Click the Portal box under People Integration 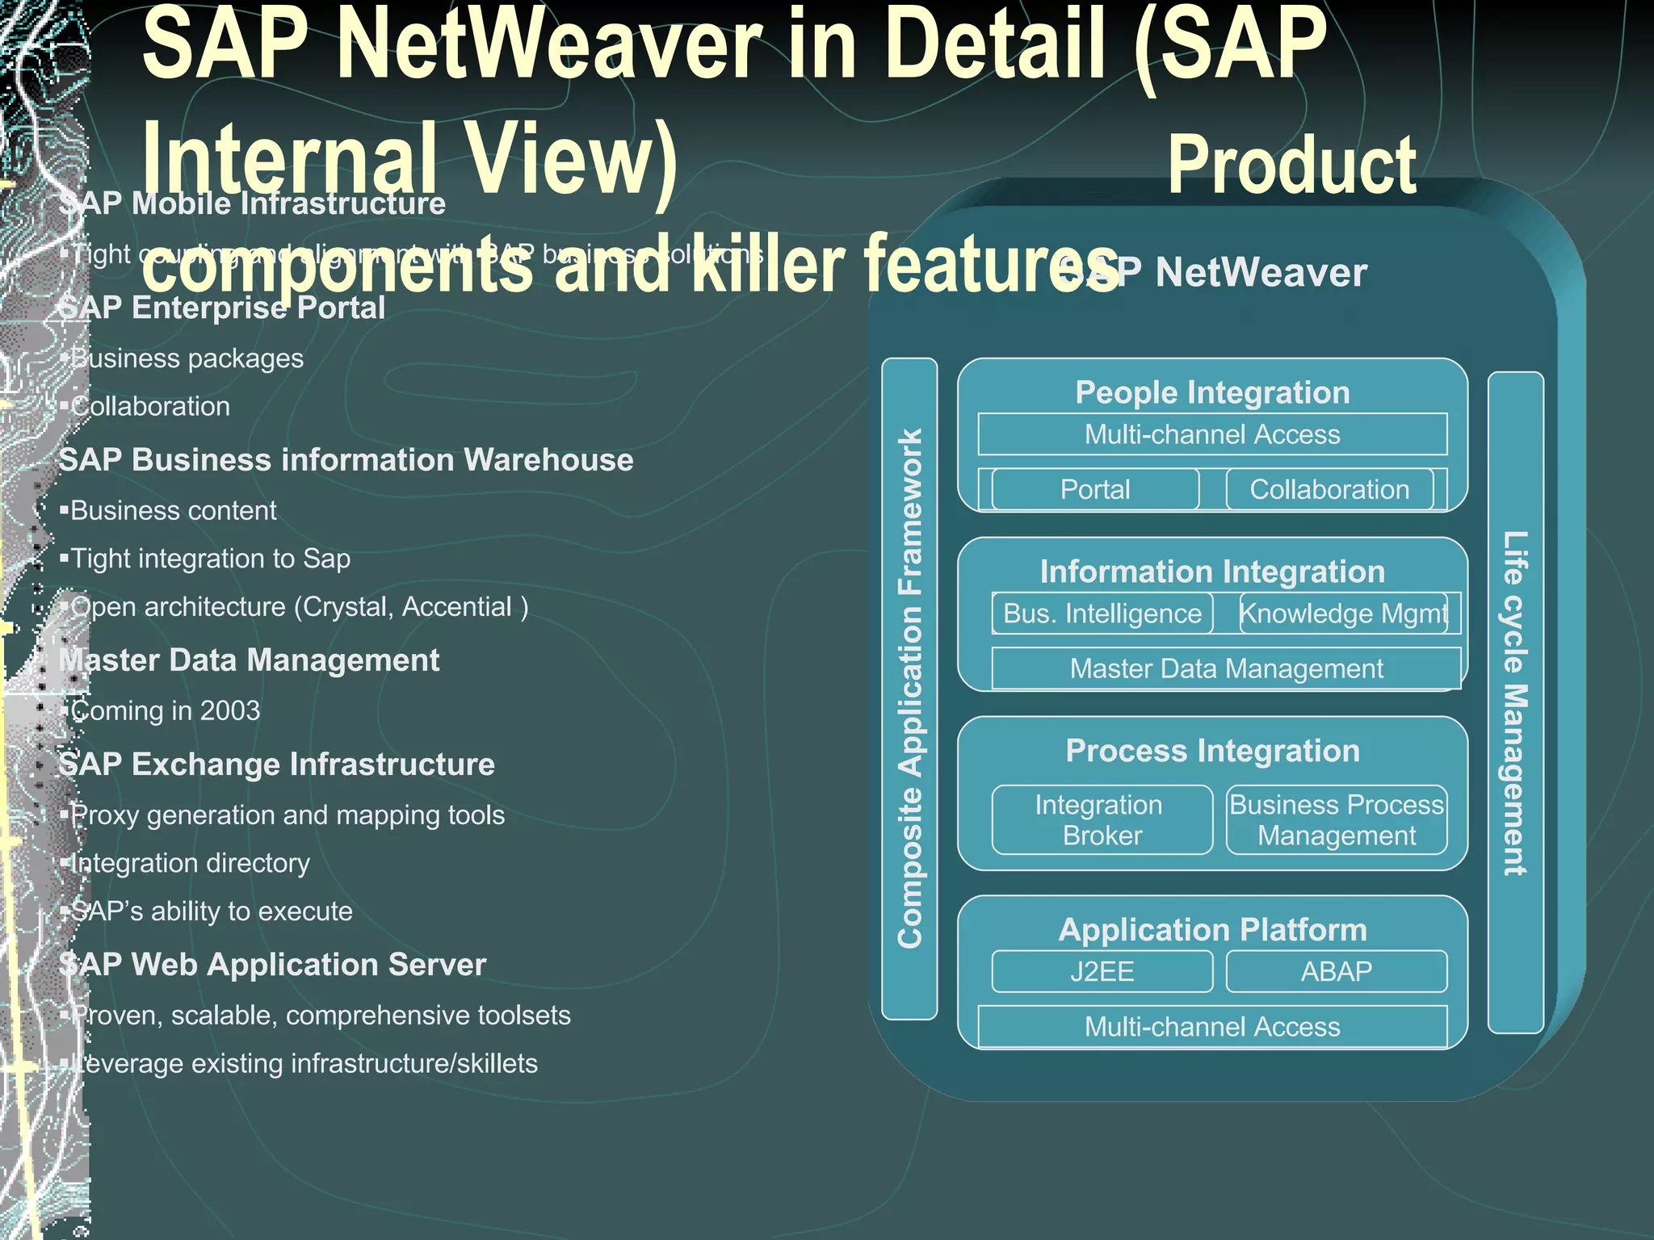click(x=1095, y=489)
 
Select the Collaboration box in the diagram click(x=1329, y=489)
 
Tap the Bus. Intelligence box click(x=1102, y=614)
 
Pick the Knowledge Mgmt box click(x=1344, y=614)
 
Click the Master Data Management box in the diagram click(x=1226, y=668)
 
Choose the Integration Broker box click(x=1102, y=819)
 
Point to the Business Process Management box click(x=1337, y=819)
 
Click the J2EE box click(x=1102, y=971)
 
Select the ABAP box click(x=1337, y=971)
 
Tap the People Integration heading click(x=1212, y=392)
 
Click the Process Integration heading click(x=1212, y=751)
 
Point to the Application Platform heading click(x=1212, y=930)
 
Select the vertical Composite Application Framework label click(x=910, y=688)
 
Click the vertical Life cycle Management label click(x=1515, y=702)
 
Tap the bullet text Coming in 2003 click(x=166, y=710)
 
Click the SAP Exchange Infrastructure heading click(x=276, y=764)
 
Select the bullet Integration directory click(x=190, y=863)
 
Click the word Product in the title click(x=1291, y=165)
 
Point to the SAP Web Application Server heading click(x=272, y=965)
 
